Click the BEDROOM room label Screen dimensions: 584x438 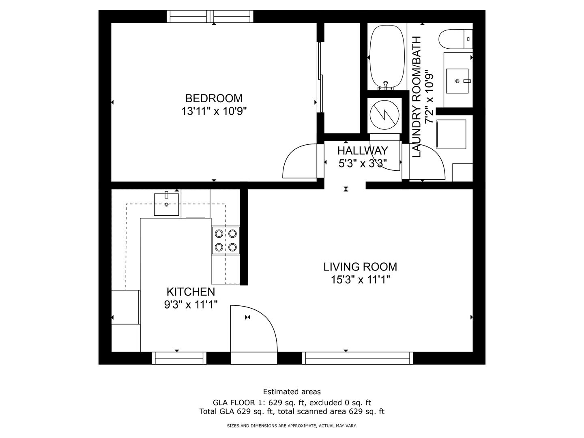[214, 99]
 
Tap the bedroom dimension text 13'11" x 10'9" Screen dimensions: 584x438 [214, 111]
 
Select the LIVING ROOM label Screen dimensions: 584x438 [360, 267]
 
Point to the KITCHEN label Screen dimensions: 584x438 [191, 292]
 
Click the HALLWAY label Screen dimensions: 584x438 [363, 151]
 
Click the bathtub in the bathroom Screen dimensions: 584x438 [385, 58]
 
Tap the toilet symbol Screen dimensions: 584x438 [455, 39]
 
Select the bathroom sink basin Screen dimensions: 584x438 [457, 81]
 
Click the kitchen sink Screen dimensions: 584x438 [167, 204]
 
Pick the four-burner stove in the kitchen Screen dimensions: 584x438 [225, 240]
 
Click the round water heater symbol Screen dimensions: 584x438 [384, 116]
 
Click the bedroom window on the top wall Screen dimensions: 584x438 [210, 17]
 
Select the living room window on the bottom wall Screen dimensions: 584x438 [357, 358]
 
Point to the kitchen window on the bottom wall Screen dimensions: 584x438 [179, 358]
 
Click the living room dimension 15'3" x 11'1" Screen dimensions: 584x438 [360, 279]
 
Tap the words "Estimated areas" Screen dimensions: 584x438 [292, 391]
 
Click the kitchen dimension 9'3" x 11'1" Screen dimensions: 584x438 [191, 305]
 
